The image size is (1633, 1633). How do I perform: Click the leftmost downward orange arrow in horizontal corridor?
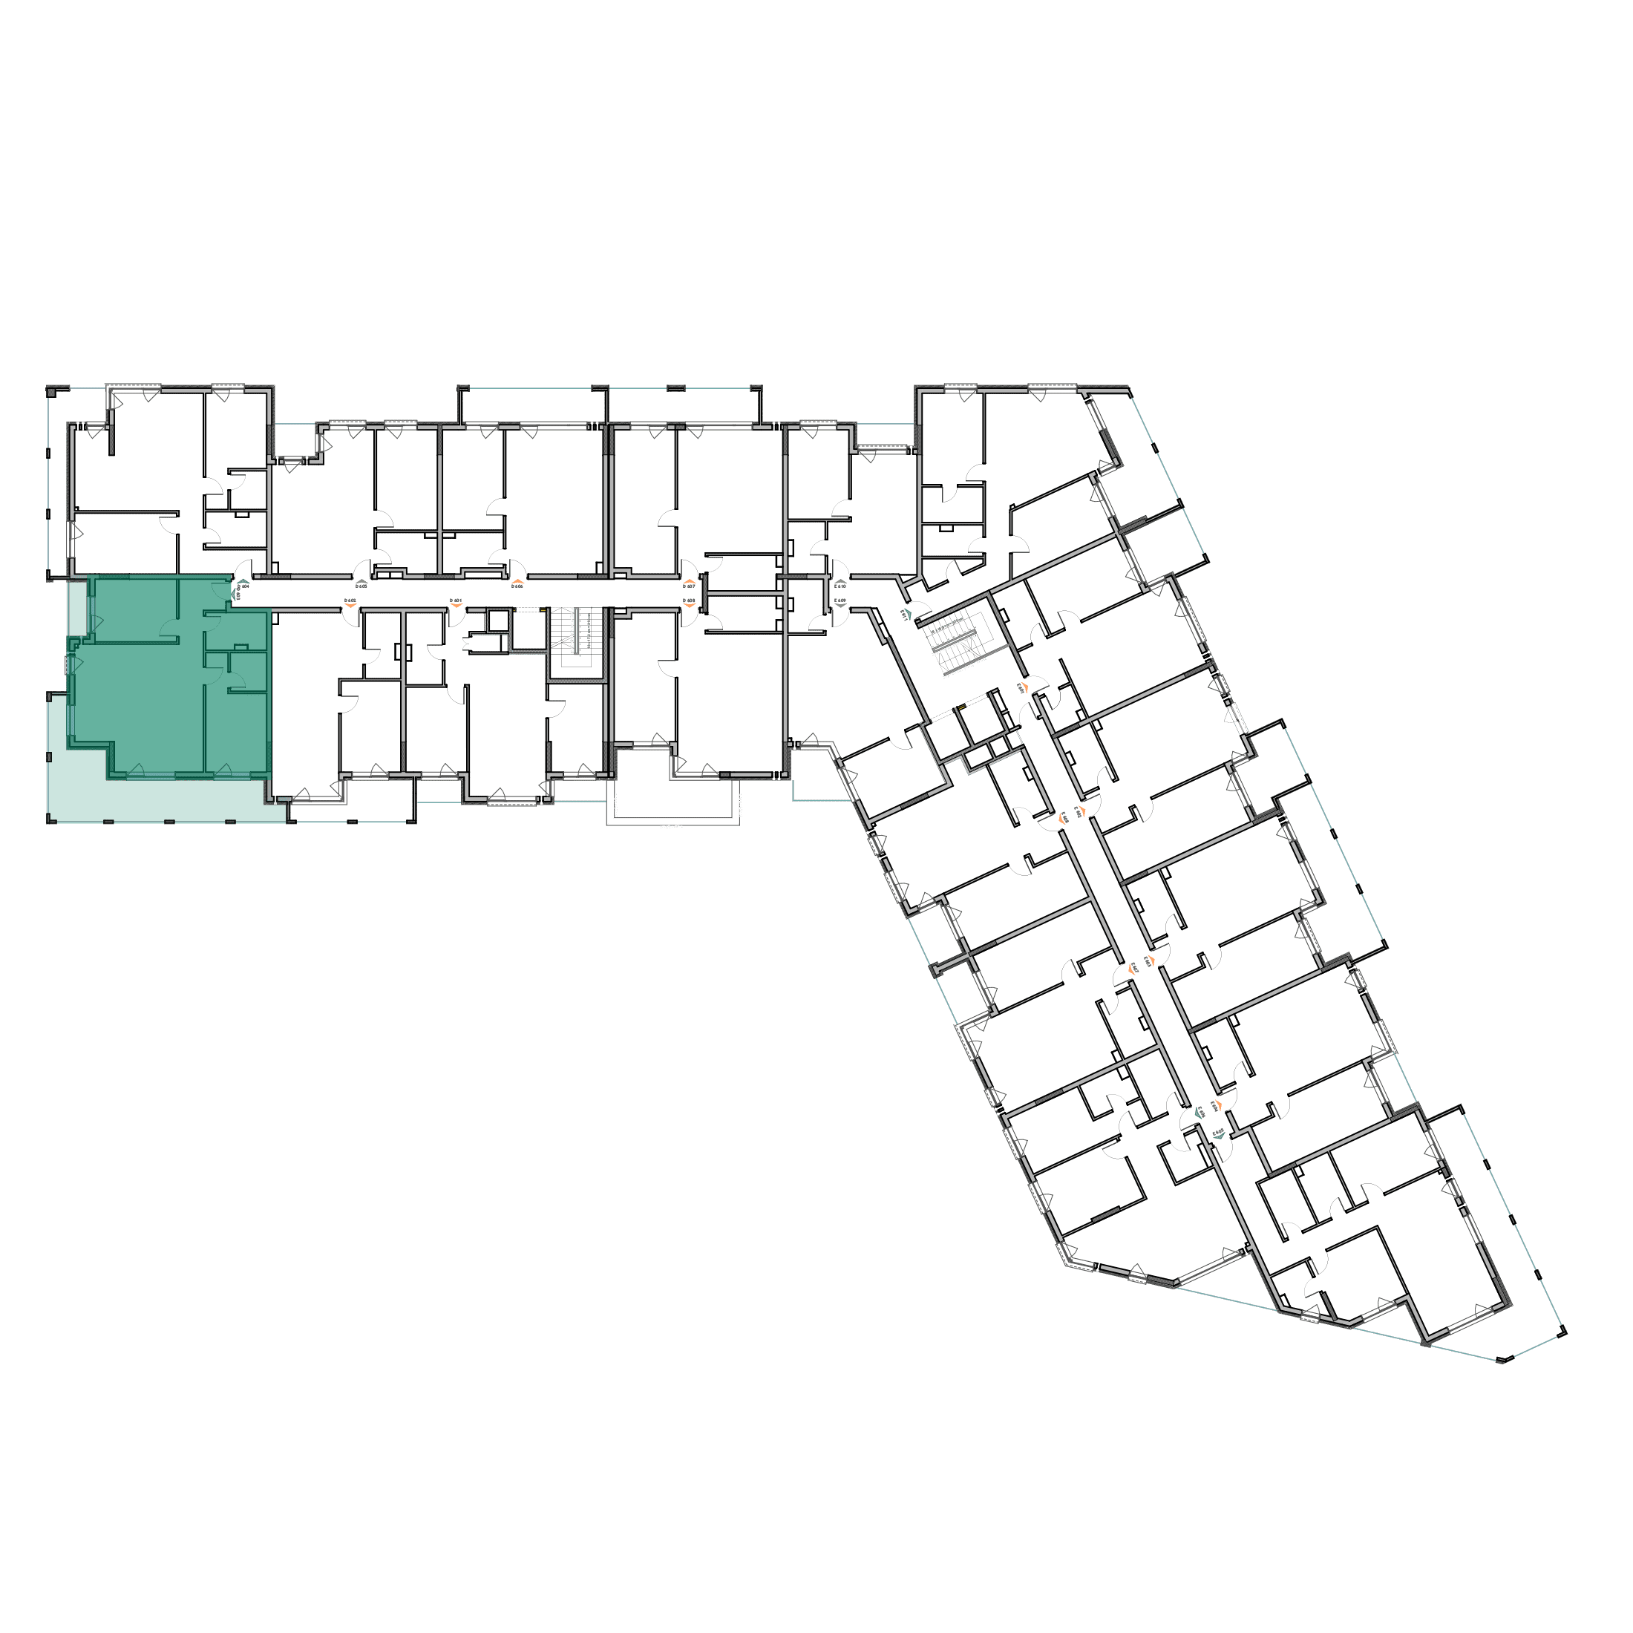point(350,602)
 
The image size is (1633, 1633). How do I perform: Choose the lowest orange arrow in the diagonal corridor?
point(1218,1105)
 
